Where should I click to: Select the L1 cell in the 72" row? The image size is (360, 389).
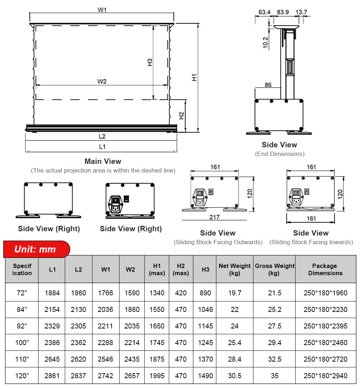(x=52, y=293)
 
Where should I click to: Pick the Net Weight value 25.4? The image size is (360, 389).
(x=234, y=343)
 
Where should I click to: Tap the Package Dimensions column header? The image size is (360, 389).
(x=325, y=269)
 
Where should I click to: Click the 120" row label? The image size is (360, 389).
(x=22, y=376)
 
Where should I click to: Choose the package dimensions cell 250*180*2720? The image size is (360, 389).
(x=325, y=359)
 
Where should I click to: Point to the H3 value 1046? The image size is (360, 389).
(x=205, y=309)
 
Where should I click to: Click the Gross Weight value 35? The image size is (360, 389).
(x=274, y=376)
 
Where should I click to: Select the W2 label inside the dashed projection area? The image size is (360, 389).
(x=102, y=81)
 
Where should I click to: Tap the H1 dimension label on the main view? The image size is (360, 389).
(x=194, y=77)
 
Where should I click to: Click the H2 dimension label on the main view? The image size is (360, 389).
(x=182, y=116)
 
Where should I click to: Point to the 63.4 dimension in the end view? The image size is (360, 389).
(x=264, y=12)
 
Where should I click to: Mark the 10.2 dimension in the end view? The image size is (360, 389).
(x=265, y=43)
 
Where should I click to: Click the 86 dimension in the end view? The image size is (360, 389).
(x=268, y=85)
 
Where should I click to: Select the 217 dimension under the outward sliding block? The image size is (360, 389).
(x=215, y=217)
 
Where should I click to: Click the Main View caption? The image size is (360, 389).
(x=103, y=161)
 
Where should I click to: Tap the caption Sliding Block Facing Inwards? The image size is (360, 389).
(x=311, y=242)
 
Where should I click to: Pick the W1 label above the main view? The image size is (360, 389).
(x=102, y=10)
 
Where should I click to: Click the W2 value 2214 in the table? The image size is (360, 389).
(x=132, y=343)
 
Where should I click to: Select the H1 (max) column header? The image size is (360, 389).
(x=157, y=269)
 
